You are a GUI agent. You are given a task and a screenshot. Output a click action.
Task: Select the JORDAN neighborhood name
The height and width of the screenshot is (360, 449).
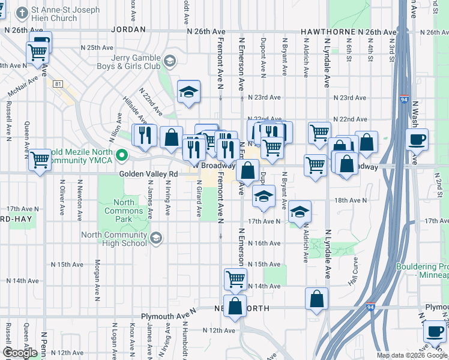coord(128,29)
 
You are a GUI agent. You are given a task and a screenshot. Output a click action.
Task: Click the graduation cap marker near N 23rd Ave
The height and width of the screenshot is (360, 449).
coord(188,92)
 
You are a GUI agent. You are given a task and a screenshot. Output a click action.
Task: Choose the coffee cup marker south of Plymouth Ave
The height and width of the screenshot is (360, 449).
coord(434,331)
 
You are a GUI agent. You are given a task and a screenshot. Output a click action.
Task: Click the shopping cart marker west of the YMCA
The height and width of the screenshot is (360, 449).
coord(40,160)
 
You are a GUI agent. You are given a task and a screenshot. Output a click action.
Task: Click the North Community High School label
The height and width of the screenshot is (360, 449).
coord(122,239)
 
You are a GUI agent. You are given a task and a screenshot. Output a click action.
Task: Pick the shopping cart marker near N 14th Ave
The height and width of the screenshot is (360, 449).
coord(235,278)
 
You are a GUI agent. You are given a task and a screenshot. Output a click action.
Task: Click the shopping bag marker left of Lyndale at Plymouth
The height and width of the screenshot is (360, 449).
coord(316,299)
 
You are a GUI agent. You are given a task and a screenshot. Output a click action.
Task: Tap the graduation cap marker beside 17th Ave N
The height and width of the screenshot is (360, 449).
coord(300,212)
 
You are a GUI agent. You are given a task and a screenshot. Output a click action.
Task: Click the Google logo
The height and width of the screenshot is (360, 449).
coord(19,352)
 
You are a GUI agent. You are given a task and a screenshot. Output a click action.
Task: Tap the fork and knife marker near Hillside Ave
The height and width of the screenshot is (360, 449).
coord(144,136)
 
